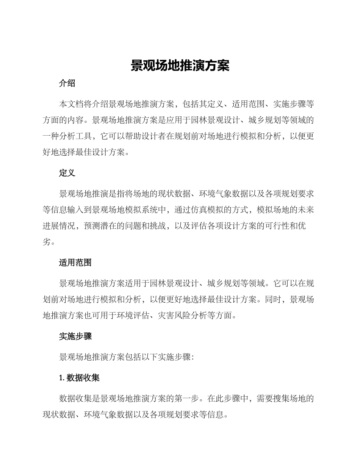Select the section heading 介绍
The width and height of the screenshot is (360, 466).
point(67,84)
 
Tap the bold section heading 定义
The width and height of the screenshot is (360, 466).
point(67,173)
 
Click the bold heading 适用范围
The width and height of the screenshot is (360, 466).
point(75,263)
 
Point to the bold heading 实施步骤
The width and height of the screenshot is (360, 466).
point(75,336)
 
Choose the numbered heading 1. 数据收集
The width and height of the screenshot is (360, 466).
point(79,378)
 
